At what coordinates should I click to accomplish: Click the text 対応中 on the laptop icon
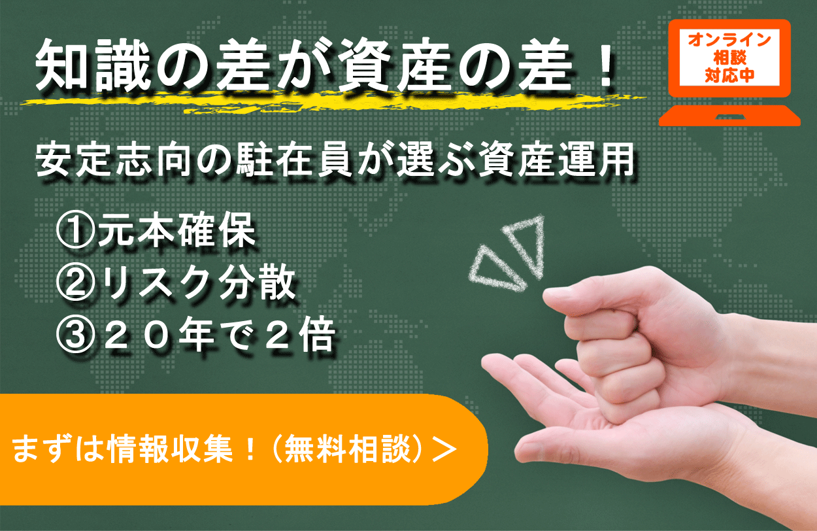pyautogui.click(x=729, y=75)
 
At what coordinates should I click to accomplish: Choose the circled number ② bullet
pyautogui.click(x=75, y=285)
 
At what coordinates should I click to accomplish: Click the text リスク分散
pyautogui.click(x=196, y=285)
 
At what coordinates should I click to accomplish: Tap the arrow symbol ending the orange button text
pyautogui.click(x=444, y=451)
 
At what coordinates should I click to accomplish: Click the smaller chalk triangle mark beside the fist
pyautogui.click(x=493, y=268)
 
